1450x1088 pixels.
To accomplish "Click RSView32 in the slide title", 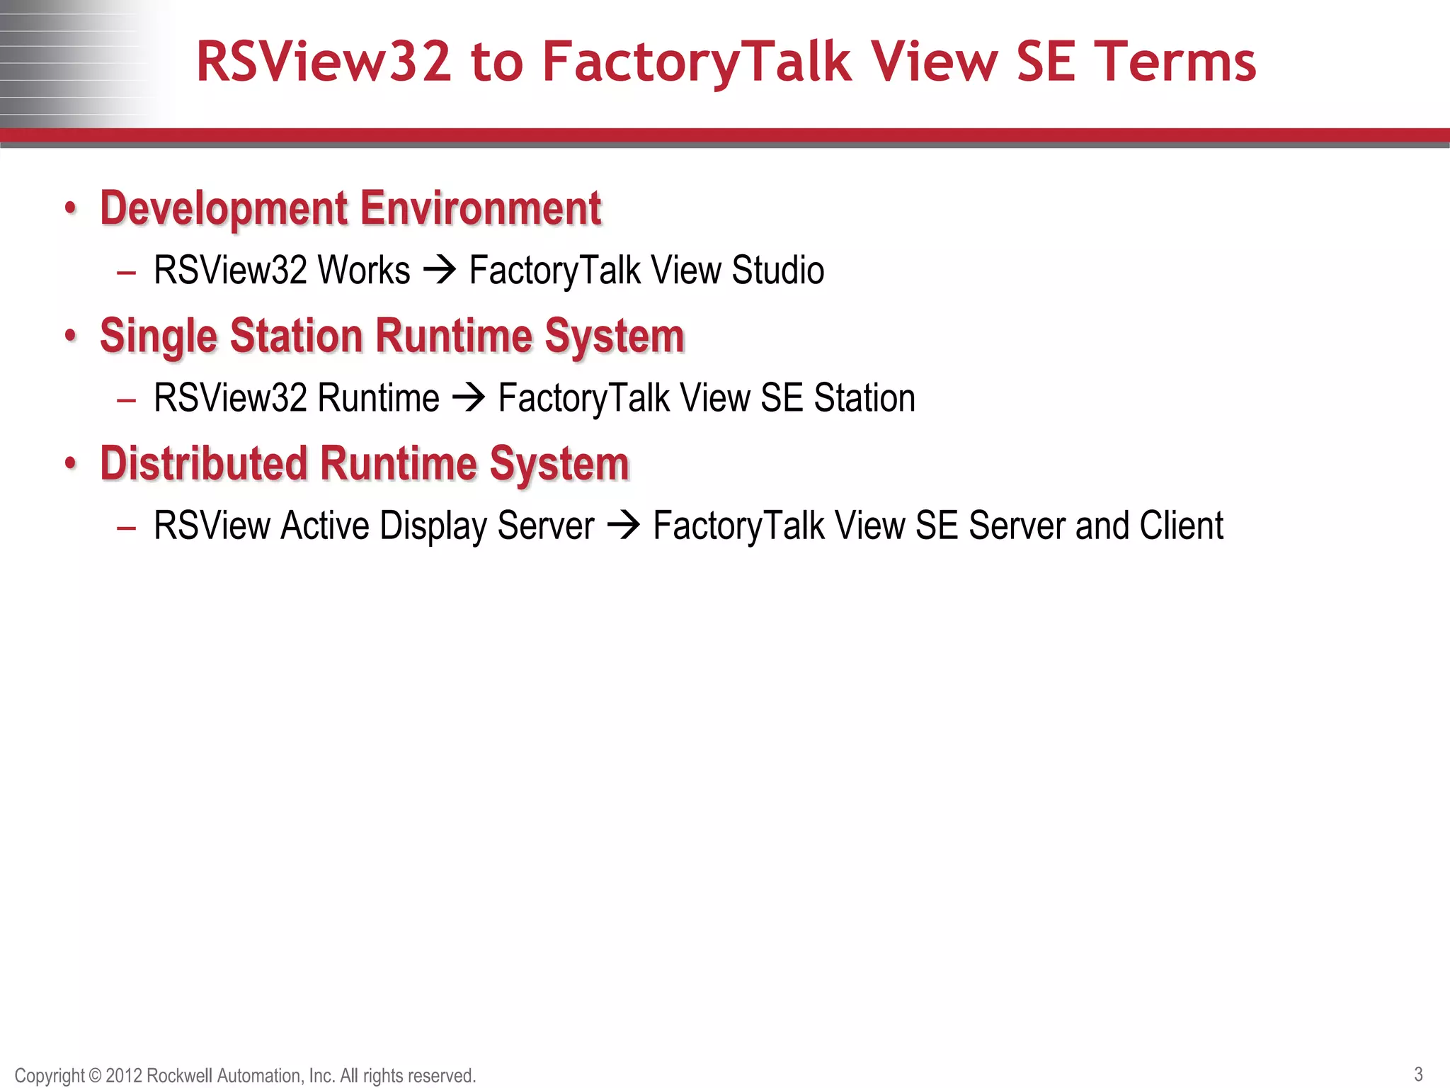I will [x=324, y=62].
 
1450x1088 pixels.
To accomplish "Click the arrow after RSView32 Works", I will [x=440, y=271].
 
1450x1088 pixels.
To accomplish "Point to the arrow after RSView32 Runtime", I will [x=469, y=398].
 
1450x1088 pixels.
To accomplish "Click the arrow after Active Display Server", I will [x=624, y=526].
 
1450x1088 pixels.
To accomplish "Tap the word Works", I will [x=364, y=271].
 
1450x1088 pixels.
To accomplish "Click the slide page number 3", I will [x=1418, y=1074].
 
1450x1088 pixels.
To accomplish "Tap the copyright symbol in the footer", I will [x=95, y=1076].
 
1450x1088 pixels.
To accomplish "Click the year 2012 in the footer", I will [x=124, y=1076].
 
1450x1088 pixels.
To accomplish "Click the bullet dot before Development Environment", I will [x=69, y=209].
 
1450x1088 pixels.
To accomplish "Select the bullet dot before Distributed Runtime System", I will [x=69, y=464].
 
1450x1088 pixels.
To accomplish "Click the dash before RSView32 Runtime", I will [x=126, y=400].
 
